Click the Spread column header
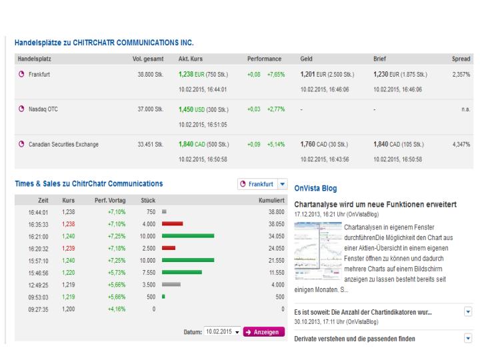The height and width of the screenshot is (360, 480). [x=461, y=59]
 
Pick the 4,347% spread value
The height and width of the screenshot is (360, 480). [x=461, y=144]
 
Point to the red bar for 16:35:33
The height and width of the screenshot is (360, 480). [x=172, y=225]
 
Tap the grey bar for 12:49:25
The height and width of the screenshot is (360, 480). [x=171, y=285]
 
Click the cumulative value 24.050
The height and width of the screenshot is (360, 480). [x=273, y=249]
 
